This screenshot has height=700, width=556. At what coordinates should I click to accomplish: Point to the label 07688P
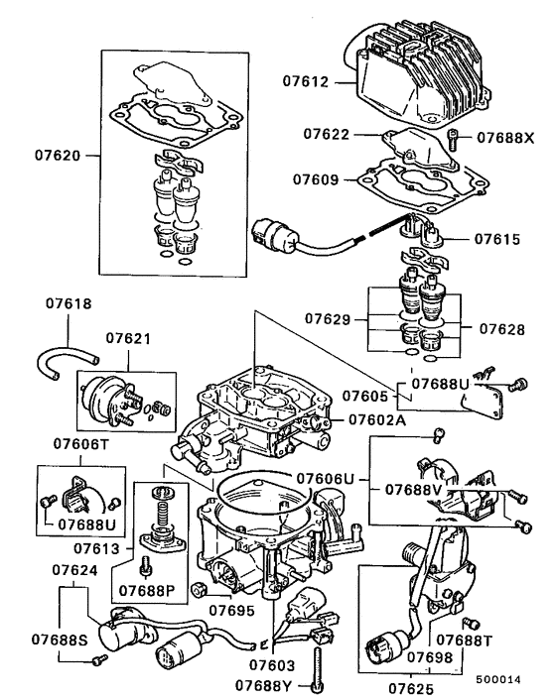tap(147, 591)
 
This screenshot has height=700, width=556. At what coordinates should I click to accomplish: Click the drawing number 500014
tap(496, 680)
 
